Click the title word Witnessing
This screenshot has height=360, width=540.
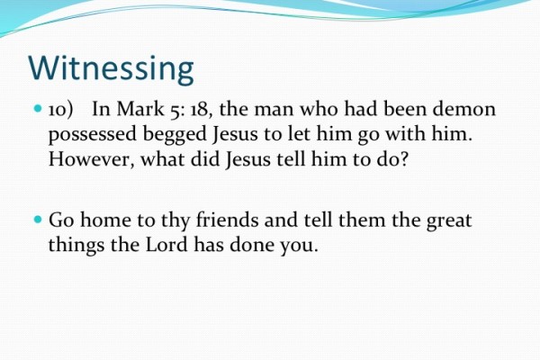tap(111, 69)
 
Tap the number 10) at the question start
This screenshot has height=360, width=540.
tap(64, 110)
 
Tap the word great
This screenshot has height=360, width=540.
tap(447, 219)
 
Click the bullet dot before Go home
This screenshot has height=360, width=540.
tap(38, 219)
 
